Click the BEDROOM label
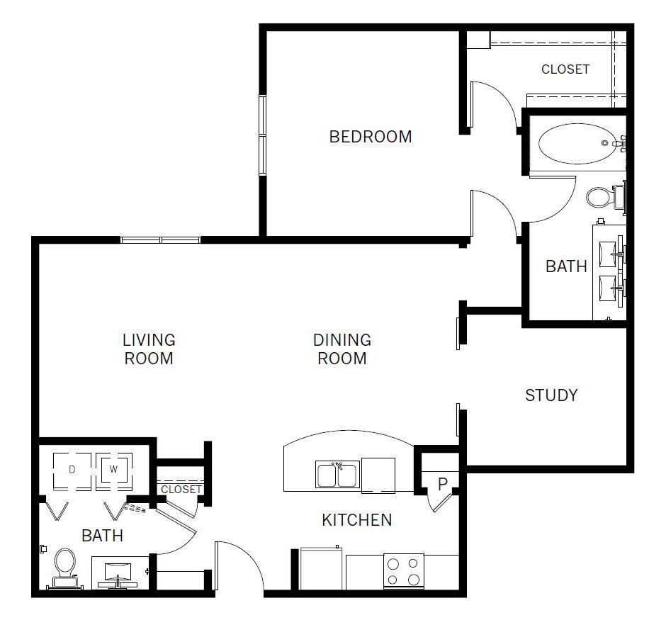[371, 137]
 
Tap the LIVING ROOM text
[149, 349]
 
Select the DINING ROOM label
[342, 349]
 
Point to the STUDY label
[551, 395]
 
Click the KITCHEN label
[357, 520]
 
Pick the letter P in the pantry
[443, 484]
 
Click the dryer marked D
[72, 471]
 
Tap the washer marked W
[113, 470]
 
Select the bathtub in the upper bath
[577, 144]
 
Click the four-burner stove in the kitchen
[404, 571]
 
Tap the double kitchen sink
[338, 474]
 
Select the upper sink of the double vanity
[608, 254]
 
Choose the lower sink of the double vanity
[608, 289]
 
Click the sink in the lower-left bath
[118, 573]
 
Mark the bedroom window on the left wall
[262, 135]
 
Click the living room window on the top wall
[161, 240]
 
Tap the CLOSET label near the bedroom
[565, 69]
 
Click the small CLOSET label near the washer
[181, 489]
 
